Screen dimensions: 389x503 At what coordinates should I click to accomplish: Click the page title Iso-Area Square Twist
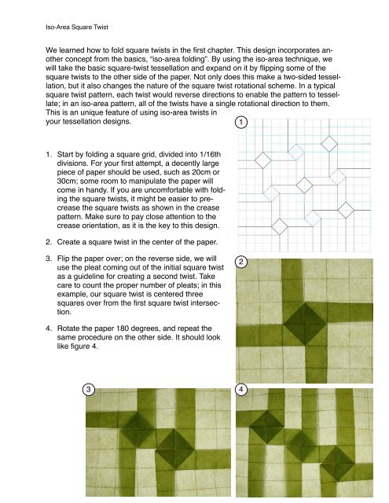click(77, 27)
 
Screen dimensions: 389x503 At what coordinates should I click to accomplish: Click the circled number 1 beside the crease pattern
click(241, 123)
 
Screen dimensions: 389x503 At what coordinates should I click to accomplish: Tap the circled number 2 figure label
click(241, 262)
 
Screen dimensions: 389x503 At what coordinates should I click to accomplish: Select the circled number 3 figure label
click(89, 390)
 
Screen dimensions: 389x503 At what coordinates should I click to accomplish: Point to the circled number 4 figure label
click(241, 390)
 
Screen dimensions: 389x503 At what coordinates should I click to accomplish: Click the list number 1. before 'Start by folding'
click(49, 155)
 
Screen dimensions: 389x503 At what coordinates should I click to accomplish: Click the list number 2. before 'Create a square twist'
click(49, 242)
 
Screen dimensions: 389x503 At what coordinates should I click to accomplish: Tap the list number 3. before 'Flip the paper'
click(49, 259)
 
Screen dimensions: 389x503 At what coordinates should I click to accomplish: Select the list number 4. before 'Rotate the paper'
click(49, 329)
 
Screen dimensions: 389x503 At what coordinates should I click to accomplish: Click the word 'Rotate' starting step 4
click(68, 329)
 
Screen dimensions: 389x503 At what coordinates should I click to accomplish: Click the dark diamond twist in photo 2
click(304, 324)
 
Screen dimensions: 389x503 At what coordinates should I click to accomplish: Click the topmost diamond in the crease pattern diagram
click(329, 143)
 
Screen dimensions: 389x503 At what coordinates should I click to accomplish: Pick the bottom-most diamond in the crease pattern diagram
click(280, 226)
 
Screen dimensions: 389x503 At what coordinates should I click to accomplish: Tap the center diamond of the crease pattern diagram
click(304, 185)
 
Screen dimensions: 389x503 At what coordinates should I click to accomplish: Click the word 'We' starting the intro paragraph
click(51, 50)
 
